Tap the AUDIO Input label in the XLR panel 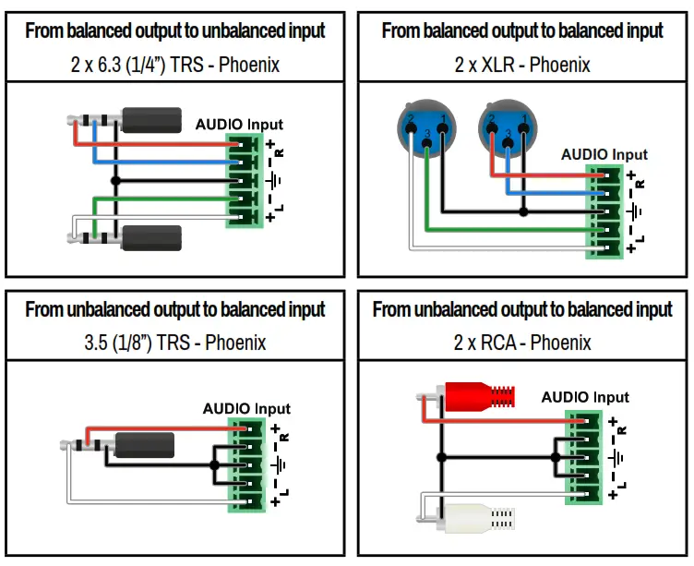click(x=604, y=154)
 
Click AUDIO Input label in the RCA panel click(x=584, y=397)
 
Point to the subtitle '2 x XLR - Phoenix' click(x=522, y=66)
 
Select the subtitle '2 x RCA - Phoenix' click(x=522, y=343)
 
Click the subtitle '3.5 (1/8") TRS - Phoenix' click(x=174, y=343)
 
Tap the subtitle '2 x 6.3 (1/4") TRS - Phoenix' click(x=174, y=66)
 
